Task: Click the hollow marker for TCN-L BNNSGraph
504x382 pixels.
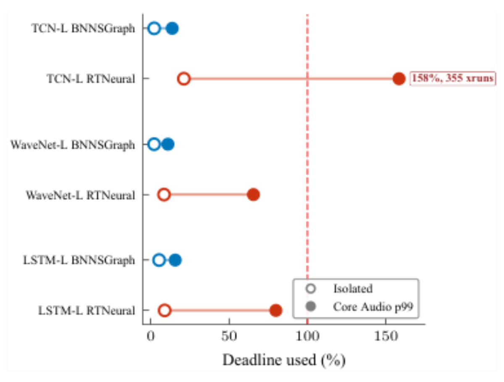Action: tap(154, 29)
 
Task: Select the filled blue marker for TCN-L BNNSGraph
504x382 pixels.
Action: tap(172, 29)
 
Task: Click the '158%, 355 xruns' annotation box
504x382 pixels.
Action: tap(453, 79)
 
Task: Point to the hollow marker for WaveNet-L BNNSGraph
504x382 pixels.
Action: tap(154, 144)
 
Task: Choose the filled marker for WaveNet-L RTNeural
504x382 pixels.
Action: tap(253, 195)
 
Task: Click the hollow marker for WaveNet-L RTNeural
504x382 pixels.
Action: tap(164, 195)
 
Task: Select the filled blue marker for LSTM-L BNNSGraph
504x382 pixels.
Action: tap(175, 260)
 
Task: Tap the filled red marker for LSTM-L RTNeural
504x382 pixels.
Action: tap(276, 310)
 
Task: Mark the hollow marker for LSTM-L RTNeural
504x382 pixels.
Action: tap(164, 310)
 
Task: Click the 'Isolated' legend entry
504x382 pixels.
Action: tap(339, 289)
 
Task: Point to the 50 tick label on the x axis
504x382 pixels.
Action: tap(229, 336)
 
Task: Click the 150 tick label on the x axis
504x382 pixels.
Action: tap(386, 336)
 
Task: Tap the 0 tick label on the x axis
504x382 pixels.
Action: tap(151, 336)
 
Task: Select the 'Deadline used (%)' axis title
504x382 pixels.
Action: tap(284, 360)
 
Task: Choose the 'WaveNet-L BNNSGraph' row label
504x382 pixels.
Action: tap(73, 145)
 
